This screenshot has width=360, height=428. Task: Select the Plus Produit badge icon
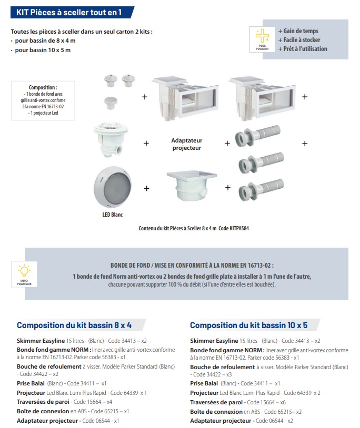[x=262, y=39]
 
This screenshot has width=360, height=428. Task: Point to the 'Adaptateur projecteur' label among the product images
[x=187, y=144]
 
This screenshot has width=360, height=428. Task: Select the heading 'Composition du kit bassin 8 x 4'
[x=74, y=325]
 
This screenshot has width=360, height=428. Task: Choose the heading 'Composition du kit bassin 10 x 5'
[x=248, y=325]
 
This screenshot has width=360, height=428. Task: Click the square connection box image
[x=187, y=188]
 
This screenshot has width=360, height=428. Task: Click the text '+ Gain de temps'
[x=298, y=31]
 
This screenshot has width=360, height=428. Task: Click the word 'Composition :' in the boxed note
[x=43, y=88]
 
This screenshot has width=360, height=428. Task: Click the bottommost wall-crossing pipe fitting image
[x=262, y=190]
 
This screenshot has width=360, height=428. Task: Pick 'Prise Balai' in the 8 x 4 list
[x=31, y=383]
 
